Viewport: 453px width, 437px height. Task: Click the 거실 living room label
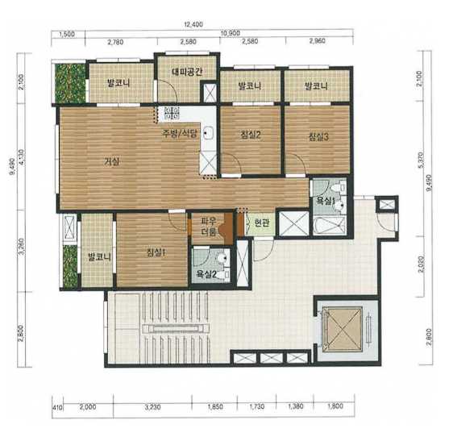[112, 162]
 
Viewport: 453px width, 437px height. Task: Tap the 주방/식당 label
[180, 133]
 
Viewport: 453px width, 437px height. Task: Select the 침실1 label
[156, 252]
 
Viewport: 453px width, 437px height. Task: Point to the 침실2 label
[251, 135]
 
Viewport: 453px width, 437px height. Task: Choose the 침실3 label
[318, 136]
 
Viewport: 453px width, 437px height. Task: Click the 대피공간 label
[187, 72]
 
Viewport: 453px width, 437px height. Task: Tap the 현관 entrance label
[262, 223]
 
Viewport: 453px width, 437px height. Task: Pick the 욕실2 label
[206, 273]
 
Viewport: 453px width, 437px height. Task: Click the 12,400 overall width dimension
[193, 24]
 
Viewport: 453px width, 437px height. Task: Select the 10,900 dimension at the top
[231, 33]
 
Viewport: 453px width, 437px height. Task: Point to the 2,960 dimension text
[317, 41]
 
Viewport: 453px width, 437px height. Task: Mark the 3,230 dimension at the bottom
[153, 407]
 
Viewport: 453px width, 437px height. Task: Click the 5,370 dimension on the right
[421, 160]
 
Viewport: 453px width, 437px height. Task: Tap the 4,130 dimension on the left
[22, 157]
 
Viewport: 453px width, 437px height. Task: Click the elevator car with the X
[343, 329]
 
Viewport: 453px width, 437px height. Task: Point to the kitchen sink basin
[208, 133]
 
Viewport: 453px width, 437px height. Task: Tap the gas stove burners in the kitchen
[172, 114]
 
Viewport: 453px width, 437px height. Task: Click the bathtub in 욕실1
[329, 226]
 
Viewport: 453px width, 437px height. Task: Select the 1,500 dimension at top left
[67, 35]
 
